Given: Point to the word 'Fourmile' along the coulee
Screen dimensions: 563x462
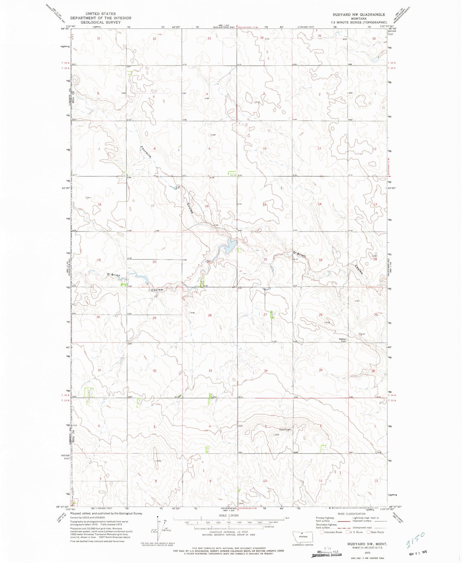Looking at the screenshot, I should pyautogui.click(x=145, y=152).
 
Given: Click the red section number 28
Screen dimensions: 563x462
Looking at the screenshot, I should pyautogui.click(x=210, y=315).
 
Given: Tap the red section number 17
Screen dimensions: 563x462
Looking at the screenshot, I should pyautogui.click(x=153, y=206).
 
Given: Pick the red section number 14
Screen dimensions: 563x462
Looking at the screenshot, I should pyautogui.click(x=319, y=204).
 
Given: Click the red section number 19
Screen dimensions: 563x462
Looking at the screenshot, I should pyautogui.click(x=99, y=260).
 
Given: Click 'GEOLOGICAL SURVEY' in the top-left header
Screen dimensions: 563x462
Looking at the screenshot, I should pyautogui.click(x=100, y=22).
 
